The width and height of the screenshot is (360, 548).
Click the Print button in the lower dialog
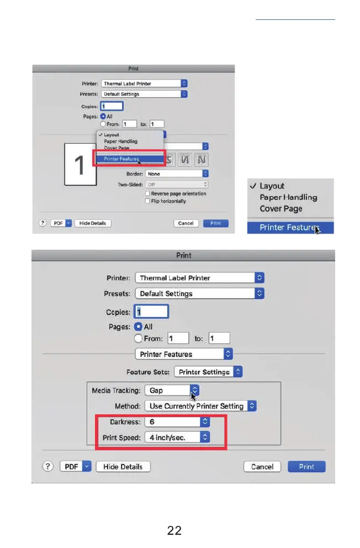point(306,467)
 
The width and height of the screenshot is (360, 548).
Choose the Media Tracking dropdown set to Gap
point(171,391)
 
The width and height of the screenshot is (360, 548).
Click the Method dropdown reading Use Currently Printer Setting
point(200,406)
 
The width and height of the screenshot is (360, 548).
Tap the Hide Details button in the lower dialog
point(123,467)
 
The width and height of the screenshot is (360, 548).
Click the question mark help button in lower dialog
point(50,467)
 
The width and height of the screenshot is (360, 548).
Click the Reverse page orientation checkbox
point(147,194)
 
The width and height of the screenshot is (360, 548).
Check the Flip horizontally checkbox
point(147,201)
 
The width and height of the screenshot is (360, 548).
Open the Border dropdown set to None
point(177,173)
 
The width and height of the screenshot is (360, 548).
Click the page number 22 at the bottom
point(174,531)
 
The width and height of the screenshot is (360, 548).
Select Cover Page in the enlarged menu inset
point(281,209)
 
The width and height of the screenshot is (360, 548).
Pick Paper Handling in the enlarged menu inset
point(288,197)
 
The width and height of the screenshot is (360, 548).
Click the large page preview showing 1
point(80,164)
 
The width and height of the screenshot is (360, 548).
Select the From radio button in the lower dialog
point(139,339)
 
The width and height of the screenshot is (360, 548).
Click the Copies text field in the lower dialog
point(152,312)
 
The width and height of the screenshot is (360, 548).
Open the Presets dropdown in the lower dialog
point(199,294)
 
